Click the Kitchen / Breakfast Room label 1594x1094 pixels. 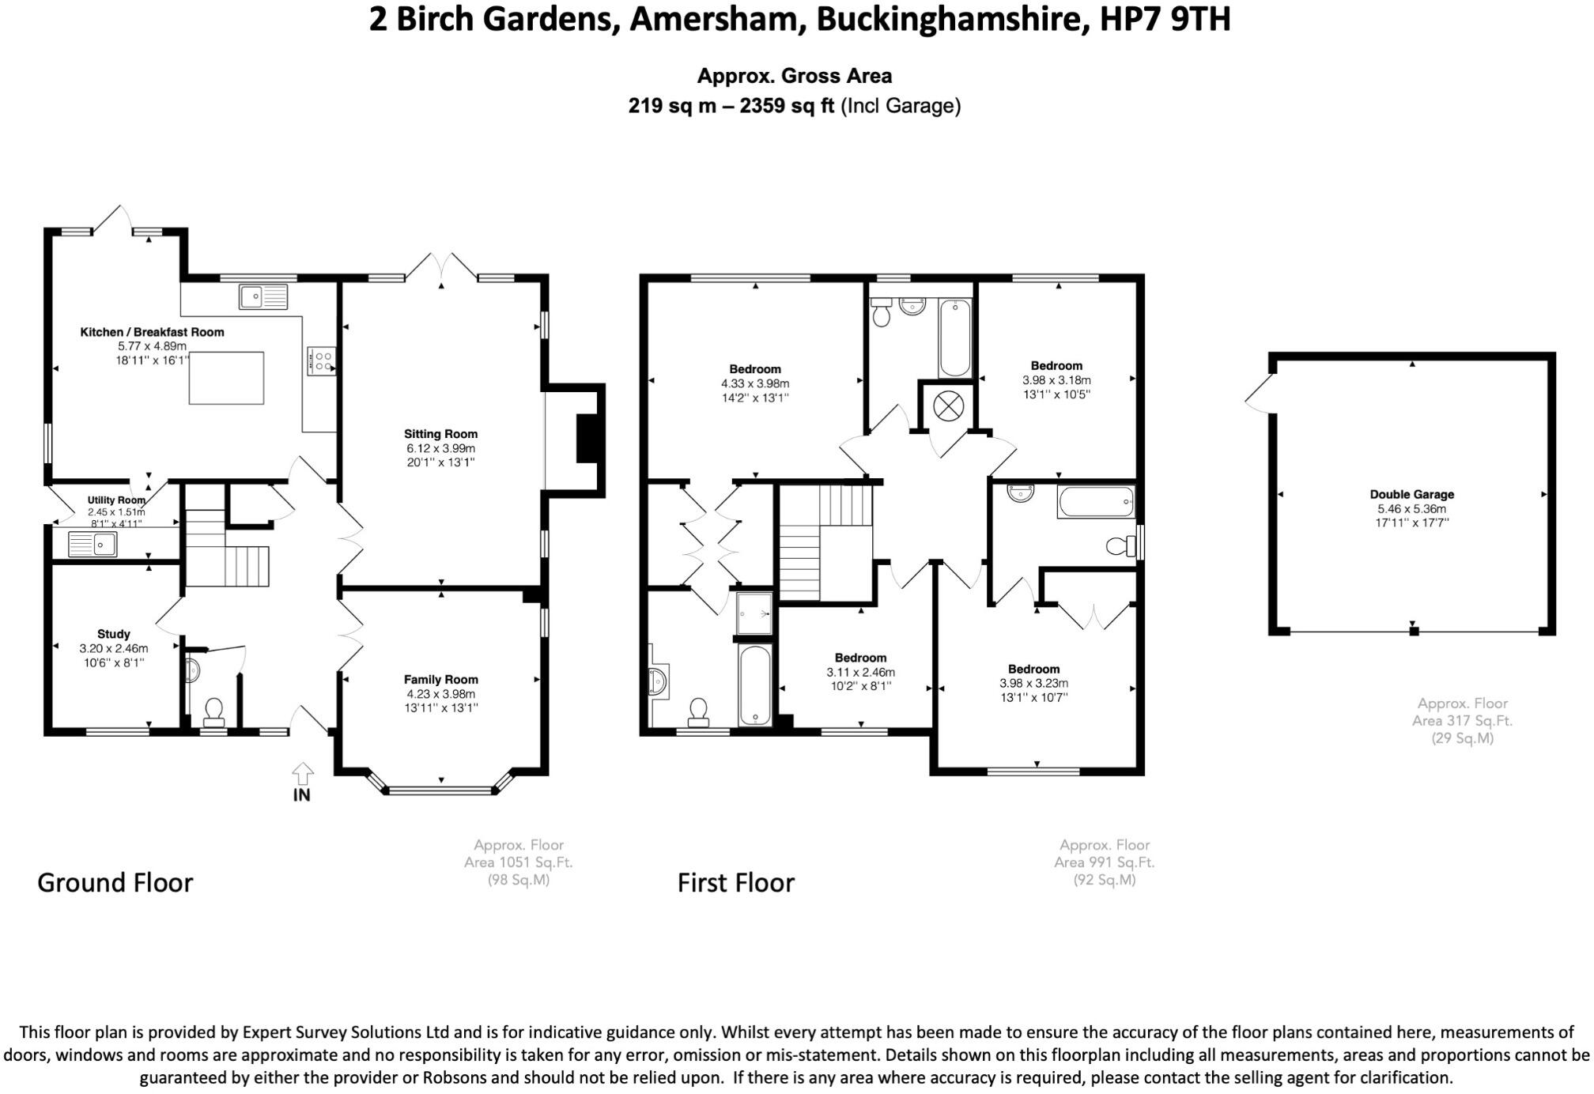(x=152, y=332)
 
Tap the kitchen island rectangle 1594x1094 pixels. (x=226, y=378)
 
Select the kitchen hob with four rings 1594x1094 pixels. (x=323, y=361)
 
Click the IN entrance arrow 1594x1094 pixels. (x=302, y=774)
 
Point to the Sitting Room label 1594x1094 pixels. (x=440, y=434)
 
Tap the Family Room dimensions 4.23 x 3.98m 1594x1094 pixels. (x=440, y=694)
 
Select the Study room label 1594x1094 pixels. (x=114, y=634)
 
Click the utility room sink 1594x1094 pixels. (x=93, y=545)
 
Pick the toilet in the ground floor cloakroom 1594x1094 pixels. (x=214, y=712)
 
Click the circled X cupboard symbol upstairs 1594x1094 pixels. (x=947, y=406)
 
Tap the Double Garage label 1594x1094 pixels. (x=1412, y=495)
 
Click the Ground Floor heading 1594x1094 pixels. (x=115, y=882)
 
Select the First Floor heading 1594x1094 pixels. (x=736, y=882)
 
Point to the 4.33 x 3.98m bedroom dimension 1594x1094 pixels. (x=755, y=383)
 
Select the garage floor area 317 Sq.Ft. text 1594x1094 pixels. (x=1462, y=721)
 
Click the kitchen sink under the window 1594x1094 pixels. (x=263, y=296)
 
